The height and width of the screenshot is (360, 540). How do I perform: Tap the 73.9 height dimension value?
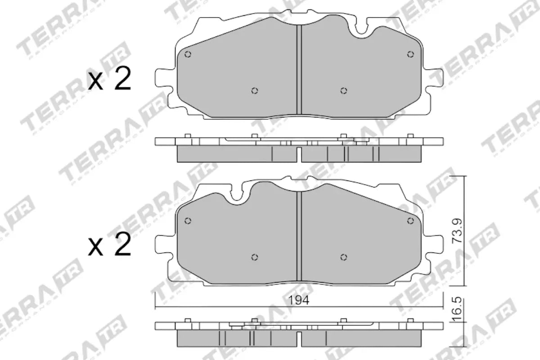456,231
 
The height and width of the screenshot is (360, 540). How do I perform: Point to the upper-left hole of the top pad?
188,54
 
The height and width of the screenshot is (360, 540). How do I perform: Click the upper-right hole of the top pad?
410,54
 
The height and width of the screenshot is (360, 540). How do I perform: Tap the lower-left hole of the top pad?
254,91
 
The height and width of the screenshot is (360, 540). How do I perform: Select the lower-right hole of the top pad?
343,91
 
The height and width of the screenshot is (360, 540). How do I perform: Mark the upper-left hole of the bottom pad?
188,220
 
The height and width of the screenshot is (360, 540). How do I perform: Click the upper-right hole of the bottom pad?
410,220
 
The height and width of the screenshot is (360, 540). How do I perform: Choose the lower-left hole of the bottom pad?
254,257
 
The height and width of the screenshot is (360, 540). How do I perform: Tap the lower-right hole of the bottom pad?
343,257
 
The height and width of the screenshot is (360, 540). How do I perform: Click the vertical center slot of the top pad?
298,70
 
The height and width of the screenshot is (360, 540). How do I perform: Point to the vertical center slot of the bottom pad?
298,236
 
